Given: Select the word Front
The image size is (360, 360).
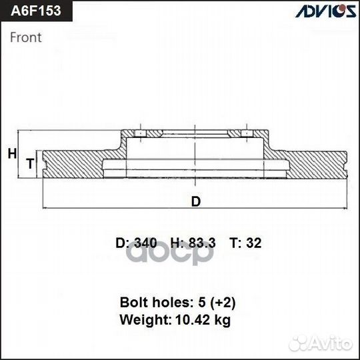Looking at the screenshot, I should pos(25,37).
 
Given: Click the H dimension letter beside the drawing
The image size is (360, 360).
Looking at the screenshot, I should pos(11,154).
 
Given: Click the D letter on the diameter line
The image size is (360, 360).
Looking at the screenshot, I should pos(195,201).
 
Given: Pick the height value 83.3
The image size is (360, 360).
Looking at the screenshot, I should pos(201,243).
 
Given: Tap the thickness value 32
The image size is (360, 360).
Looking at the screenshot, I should pos(254,243).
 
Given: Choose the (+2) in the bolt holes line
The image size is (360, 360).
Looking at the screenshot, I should pos(221,302).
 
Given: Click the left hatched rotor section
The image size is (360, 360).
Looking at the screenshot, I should pos(73,164).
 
